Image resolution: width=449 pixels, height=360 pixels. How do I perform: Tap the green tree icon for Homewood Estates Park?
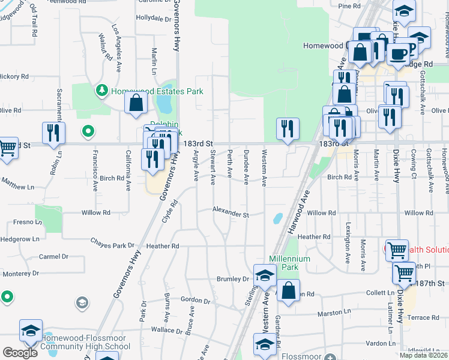coord(101,91)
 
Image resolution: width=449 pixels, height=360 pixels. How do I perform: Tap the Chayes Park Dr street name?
coord(112,245)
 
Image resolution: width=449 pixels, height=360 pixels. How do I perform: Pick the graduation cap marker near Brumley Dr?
coord(264,275)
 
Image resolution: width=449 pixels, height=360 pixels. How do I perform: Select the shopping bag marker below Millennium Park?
coord(288,291)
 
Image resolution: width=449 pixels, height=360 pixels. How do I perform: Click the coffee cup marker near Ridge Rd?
coord(397,53)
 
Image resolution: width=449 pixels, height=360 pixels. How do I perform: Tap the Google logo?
coord(20,353)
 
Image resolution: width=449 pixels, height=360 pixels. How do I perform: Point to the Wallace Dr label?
coord(166,330)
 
